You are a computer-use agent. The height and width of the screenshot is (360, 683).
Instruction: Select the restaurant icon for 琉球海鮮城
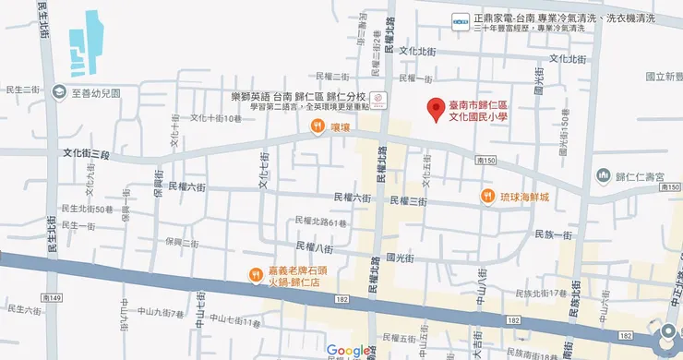click(486, 196)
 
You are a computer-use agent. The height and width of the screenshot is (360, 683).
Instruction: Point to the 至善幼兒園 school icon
click(60, 92)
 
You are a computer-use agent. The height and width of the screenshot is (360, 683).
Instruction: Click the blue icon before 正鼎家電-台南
click(459, 19)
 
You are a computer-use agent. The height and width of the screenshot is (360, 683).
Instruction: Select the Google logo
click(348, 351)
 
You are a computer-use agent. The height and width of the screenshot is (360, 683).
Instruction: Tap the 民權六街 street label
click(186, 186)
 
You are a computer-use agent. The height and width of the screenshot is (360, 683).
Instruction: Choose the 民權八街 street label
click(314, 246)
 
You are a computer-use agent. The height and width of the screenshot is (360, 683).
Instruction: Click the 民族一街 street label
click(554, 235)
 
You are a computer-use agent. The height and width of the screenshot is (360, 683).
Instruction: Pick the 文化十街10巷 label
click(215, 118)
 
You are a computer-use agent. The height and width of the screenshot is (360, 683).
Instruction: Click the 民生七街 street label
click(19, 90)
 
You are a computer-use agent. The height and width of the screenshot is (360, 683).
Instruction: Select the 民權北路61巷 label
click(319, 222)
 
